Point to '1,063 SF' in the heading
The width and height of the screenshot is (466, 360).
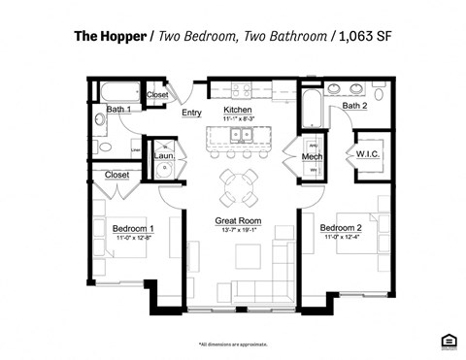pos(362,38)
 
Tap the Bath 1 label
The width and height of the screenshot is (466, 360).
pos(119,110)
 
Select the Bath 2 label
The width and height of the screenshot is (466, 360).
pos(353,105)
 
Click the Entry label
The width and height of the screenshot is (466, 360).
pos(191,114)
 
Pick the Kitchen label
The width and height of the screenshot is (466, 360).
pos(237,110)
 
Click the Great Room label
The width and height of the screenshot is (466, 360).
pos(238,221)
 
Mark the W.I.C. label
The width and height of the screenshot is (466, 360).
pos(367,153)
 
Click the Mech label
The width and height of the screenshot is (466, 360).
pos(312,156)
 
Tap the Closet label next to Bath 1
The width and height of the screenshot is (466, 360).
pos(156,95)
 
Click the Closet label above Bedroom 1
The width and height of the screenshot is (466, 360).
pos(117,176)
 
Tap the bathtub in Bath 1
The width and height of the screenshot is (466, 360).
pos(116,93)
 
